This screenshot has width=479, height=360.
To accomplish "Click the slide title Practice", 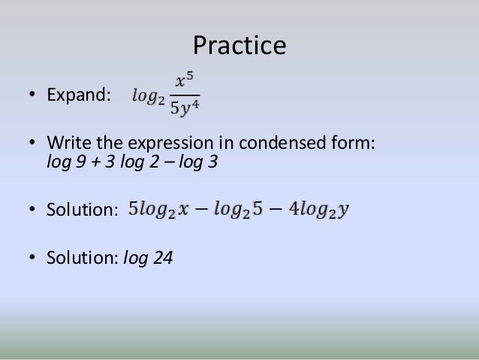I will point(239,46).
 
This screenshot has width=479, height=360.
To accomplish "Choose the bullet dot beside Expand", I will point(32,96).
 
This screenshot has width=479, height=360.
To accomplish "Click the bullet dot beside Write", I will point(32,144).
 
